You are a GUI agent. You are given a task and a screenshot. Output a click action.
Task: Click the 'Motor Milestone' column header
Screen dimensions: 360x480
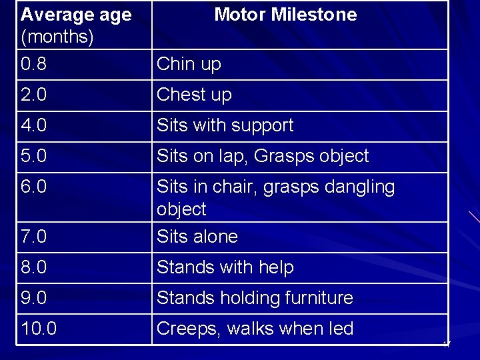coord(285,15)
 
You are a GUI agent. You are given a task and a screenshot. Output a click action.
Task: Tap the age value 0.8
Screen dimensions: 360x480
coord(35,65)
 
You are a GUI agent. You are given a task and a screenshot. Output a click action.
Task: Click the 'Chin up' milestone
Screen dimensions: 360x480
coord(189,65)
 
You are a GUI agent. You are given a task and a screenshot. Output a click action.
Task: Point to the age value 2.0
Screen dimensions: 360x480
coord(35,95)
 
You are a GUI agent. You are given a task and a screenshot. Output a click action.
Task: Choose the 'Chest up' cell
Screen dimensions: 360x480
coord(194,95)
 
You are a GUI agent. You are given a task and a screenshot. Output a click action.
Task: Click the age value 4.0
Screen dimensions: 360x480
coord(35,125)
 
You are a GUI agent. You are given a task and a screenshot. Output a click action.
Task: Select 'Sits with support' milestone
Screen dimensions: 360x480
coord(225,125)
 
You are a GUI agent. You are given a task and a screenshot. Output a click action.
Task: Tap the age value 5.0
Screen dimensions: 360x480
coord(35,156)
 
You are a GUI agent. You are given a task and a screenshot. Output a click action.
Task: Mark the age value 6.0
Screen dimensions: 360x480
coord(35,187)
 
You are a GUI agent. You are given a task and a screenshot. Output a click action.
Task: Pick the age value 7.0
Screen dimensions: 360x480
coord(35,237)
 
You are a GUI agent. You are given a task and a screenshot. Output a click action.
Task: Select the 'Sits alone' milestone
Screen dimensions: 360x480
coord(197,237)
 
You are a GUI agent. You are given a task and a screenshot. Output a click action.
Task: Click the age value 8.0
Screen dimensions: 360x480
coord(35,267)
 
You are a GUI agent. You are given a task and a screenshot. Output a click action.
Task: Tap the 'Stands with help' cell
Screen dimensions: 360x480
coord(225,267)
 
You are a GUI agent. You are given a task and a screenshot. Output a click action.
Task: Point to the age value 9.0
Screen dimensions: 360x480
coord(35,298)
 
